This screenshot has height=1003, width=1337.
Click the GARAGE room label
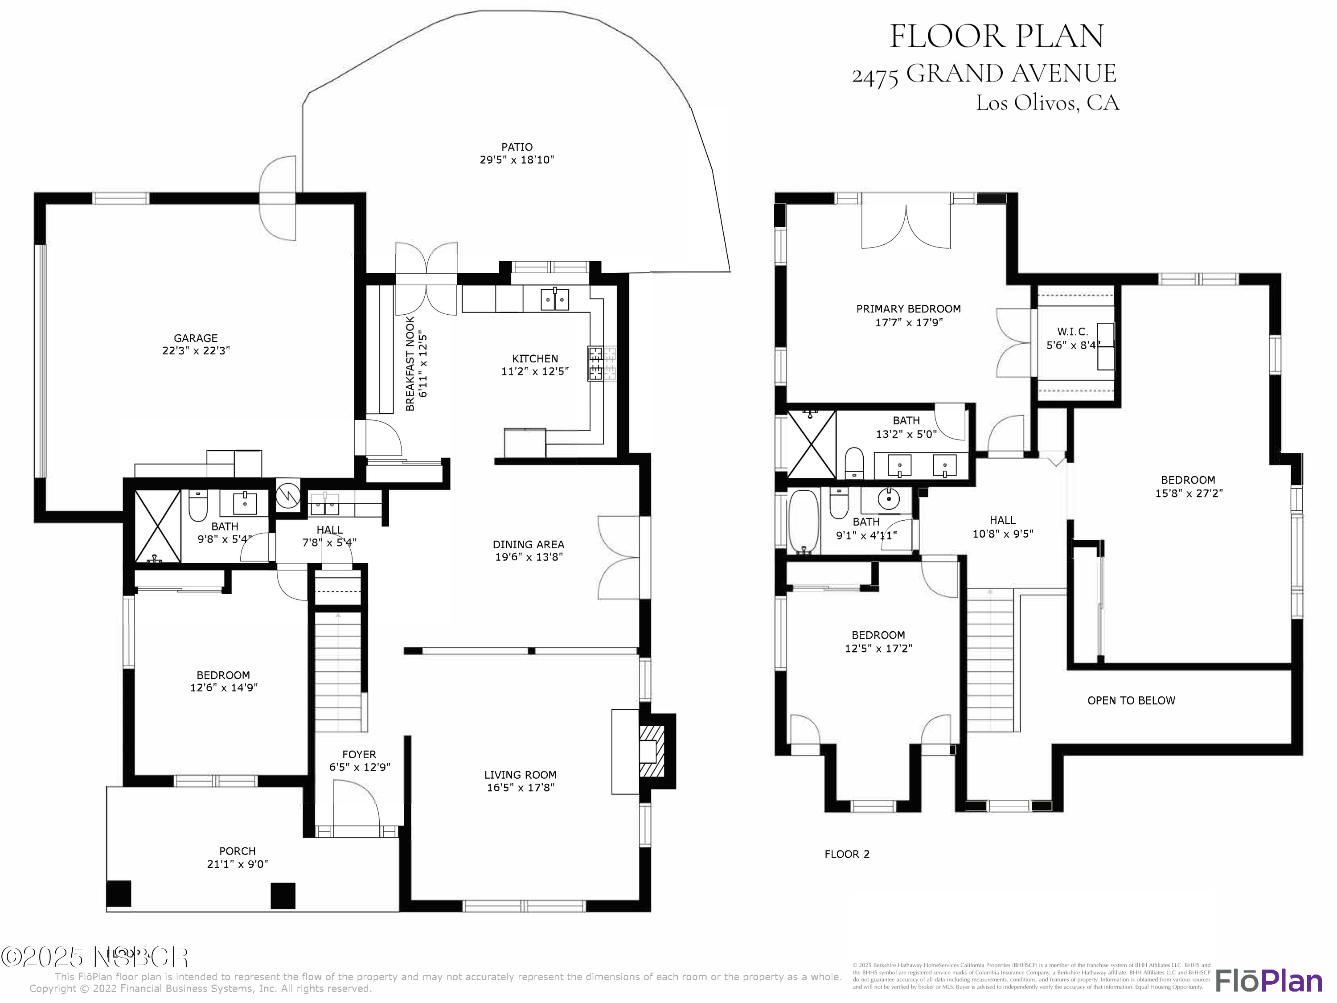(x=195, y=338)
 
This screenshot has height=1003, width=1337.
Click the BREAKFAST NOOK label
(x=410, y=363)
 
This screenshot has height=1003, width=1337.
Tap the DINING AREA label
(x=528, y=544)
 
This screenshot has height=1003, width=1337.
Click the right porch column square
(x=283, y=896)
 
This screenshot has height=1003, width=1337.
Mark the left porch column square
(x=119, y=894)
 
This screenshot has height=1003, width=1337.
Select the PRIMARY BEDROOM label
(x=908, y=309)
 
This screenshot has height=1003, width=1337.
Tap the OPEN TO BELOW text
(x=1131, y=701)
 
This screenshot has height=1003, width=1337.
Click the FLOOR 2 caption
(x=846, y=854)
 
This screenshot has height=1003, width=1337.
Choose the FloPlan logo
(x=1268, y=981)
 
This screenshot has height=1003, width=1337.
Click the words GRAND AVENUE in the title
(x=1011, y=74)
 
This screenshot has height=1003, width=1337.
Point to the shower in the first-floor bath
(x=158, y=526)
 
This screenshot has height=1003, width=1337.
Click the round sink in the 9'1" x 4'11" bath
(x=888, y=499)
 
